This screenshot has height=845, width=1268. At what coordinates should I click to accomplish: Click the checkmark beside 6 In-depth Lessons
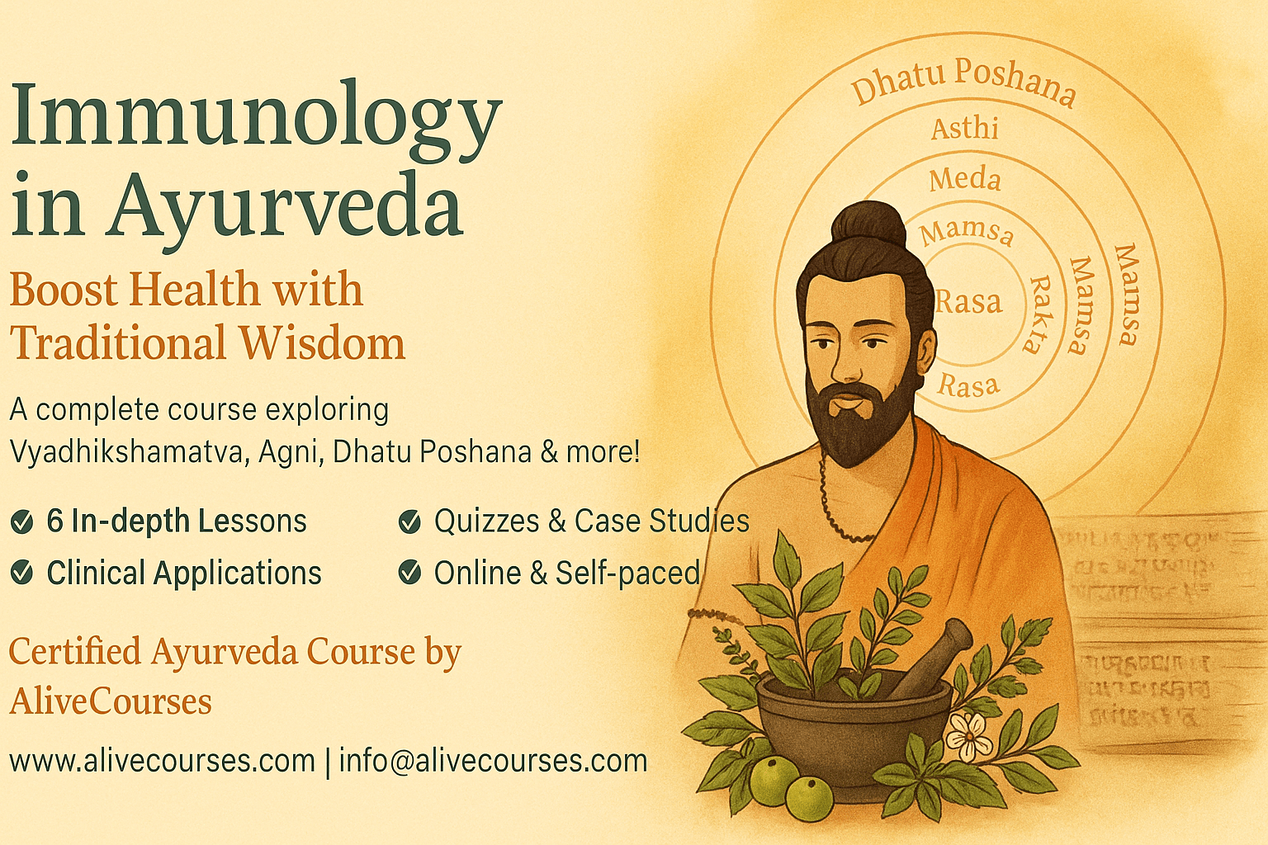click(x=22, y=522)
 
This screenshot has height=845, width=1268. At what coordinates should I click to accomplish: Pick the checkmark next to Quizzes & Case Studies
click(x=409, y=522)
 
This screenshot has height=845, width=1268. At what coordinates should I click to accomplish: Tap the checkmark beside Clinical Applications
click(x=22, y=573)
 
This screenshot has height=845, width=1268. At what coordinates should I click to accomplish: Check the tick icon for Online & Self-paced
click(x=409, y=573)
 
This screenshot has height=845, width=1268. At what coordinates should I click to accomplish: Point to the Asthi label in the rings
click(x=965, y=129)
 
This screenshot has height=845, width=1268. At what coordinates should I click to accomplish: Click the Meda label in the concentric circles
click(x=964, y=179)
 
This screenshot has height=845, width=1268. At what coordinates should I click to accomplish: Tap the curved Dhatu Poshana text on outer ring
click(x=963, y=80)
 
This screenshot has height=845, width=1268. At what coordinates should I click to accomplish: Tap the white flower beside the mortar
click(x=969, y=735)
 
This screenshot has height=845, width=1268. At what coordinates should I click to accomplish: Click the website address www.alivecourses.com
click(x=163, y=760)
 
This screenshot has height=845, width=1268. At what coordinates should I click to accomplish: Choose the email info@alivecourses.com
click(x=493, y=760)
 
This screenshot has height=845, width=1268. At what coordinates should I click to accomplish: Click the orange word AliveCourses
click(x=111, y=702)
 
